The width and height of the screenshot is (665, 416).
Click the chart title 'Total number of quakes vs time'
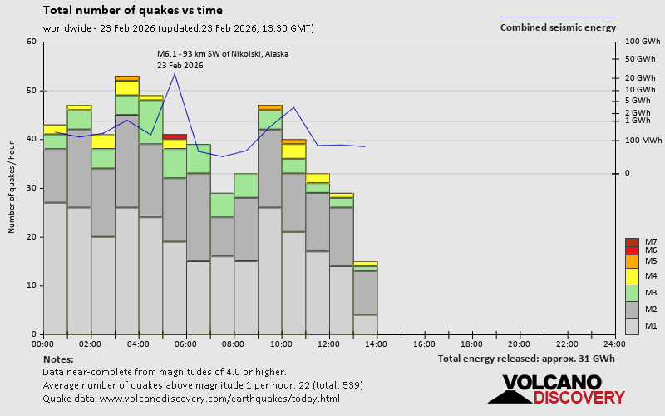point(132,11)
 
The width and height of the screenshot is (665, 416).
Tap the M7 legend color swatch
point(632,242)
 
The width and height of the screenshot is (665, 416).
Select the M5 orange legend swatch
point(632,261)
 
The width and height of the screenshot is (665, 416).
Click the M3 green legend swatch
point(632,293)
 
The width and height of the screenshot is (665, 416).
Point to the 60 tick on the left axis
point(31,42)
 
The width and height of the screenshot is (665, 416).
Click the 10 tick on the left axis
point(31,285)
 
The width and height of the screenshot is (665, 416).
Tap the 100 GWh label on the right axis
point(642,42)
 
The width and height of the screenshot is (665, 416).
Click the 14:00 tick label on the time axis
point(377,344)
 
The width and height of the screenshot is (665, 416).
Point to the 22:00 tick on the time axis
point(567,344)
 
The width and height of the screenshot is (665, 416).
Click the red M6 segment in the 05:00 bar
point(175,136)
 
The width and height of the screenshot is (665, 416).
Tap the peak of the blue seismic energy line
point(175,73)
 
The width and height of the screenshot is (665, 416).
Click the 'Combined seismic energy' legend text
point(558,27)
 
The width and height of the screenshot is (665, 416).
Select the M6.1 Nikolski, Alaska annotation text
point(223,54)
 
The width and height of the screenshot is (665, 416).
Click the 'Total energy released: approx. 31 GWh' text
point(527,359)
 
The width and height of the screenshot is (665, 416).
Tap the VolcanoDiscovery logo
point(550,389)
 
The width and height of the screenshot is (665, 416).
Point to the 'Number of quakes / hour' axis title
point(12,187)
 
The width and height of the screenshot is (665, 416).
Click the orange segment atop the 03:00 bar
point(127,78)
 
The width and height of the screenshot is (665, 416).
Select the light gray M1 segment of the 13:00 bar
point(365,324)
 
